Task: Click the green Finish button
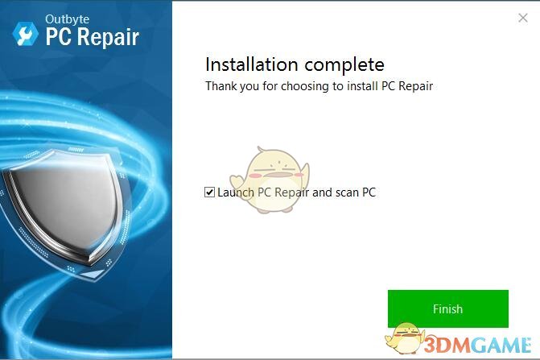[x=447, y=308]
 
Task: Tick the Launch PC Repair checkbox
[x=210, y=192]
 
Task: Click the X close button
[x=521, y=17]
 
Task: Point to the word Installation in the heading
[x=246, y=64]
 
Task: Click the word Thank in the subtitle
[x=220, y=85]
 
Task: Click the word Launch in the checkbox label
[x=235, y=192]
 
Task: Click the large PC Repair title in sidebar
[x=91, y=37]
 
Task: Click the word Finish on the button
[x=447, y=308]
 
